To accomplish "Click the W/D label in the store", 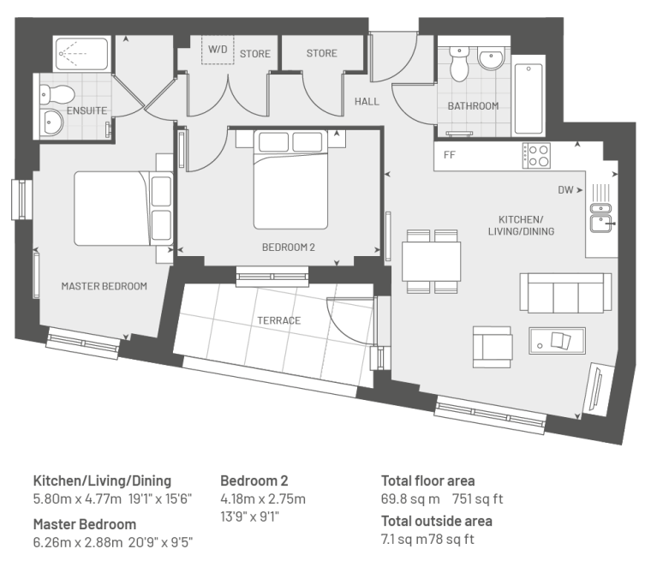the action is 218,50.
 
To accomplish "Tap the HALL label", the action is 367,101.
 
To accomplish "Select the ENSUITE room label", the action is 87,110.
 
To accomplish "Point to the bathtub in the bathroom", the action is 529,98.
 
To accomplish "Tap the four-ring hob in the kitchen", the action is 536,156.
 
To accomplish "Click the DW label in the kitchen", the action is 565,190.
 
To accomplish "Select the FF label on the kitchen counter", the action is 449,155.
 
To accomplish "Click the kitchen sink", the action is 600,218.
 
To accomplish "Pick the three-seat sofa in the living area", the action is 565,293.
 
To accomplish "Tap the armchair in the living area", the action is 493,347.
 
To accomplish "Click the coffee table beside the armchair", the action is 557,341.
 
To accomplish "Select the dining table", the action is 432,262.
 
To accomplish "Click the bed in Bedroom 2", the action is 290,180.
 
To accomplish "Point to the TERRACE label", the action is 278,320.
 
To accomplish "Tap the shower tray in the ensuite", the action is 81,54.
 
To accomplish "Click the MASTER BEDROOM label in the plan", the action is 105,286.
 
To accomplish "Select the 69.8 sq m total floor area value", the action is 410,498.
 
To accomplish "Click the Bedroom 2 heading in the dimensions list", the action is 254,480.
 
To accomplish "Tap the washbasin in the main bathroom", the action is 491,58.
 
